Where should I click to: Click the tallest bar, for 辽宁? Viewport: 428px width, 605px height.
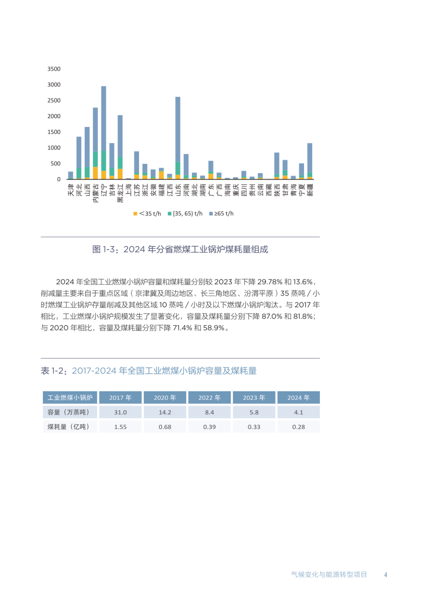click(103, 127)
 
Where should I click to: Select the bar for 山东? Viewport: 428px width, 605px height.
click(178, 131)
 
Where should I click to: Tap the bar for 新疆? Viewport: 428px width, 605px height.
click(310, 158)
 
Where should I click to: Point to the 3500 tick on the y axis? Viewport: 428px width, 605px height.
click(54, 69)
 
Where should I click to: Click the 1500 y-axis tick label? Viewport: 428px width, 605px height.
click(54, 132)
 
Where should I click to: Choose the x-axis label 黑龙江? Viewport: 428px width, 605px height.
click(120, 193)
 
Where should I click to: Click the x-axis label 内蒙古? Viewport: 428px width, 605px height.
click(96, 193)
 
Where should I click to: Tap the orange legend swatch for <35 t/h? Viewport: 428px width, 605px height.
click(135, 214)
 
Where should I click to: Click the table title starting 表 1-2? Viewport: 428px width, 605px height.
click(149, 371)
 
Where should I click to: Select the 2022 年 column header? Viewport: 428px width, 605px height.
click(209, 397)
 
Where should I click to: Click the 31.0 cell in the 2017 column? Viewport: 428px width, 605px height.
click(120, 412)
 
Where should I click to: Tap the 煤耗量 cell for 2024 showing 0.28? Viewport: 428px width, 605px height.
click(298, 427)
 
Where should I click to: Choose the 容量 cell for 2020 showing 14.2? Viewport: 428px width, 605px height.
click(165, 412)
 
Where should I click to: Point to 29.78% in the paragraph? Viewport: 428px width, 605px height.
click(269, 282)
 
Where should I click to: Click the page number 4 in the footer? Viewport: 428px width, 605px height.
click(386, 574)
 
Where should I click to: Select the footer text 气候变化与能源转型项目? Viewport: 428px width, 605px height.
click(329, 574)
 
